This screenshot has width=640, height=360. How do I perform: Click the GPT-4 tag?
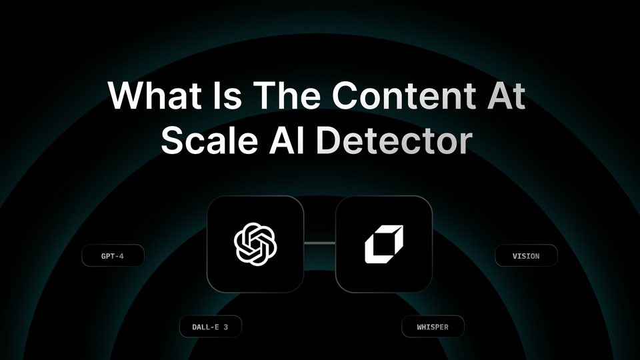[113, 256]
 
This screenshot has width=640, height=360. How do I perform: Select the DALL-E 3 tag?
[210, 327]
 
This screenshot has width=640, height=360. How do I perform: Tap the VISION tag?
[526, 255]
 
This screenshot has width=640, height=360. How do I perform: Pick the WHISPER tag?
[432, 327]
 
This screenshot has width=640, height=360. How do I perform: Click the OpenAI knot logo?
[255, 244]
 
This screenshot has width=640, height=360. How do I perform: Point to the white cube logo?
[384, 244]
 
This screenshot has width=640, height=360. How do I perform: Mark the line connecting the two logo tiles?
[319, 244]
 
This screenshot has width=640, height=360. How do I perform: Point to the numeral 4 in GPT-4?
[121, 256]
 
